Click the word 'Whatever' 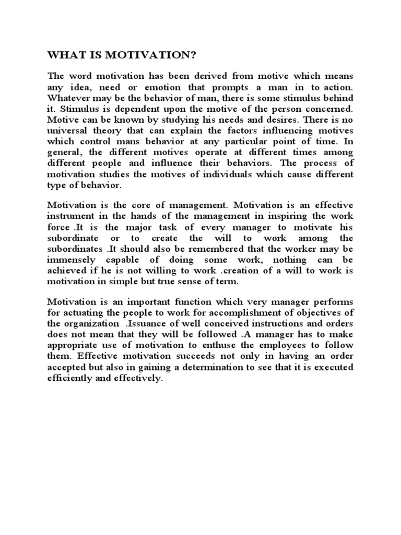(x=68, y=98)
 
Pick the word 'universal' (x=66, y=130)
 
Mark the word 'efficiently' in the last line (x=70, y=378)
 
